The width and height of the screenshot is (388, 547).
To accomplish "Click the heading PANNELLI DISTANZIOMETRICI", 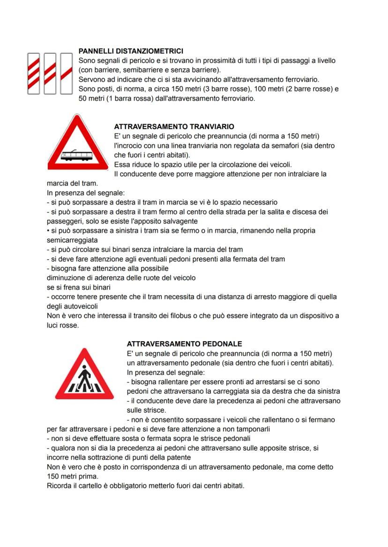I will (x=131, y=51).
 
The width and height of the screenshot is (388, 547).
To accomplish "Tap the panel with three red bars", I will (x=33, y=73).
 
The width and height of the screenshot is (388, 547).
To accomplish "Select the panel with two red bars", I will (x=50, y=73).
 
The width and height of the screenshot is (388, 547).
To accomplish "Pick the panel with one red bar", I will (x=67, y=73).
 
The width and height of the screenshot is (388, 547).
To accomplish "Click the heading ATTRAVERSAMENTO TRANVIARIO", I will (x=174, y=127).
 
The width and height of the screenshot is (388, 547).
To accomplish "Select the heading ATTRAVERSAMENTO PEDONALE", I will (x=184, y=344).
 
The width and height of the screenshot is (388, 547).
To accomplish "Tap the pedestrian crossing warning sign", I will (x=84, y=375).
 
